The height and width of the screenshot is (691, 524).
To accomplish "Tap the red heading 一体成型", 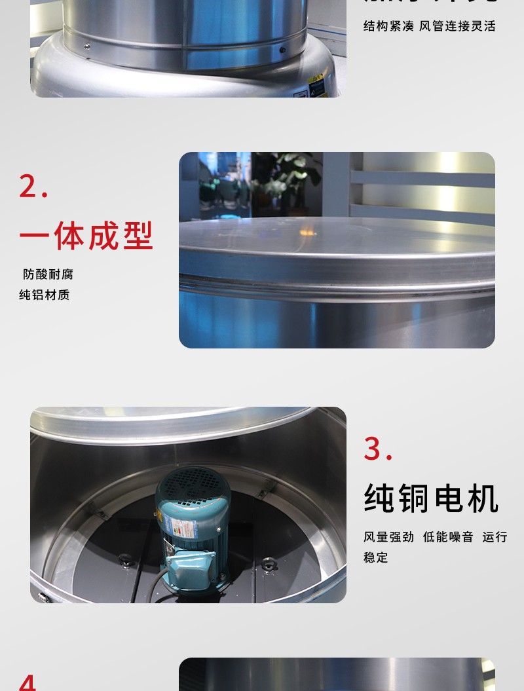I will (86, 236).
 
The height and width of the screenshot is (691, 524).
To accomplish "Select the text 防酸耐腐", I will (48, 274).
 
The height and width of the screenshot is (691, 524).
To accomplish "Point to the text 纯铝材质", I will (45, 295).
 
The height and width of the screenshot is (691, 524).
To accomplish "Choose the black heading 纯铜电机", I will (431, 499).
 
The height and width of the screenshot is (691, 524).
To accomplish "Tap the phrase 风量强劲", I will (388, 537).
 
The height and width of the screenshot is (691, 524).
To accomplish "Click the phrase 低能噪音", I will (448, 537).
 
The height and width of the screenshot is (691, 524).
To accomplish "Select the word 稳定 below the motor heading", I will (376, 557).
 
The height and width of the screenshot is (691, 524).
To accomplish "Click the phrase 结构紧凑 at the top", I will (388, 26).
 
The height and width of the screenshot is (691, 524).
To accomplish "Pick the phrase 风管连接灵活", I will (457, 26).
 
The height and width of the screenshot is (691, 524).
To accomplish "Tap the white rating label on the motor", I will (175, 525).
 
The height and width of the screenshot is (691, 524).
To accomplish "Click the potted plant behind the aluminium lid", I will (288, 177).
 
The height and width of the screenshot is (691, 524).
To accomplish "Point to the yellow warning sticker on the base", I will (317, 85).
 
